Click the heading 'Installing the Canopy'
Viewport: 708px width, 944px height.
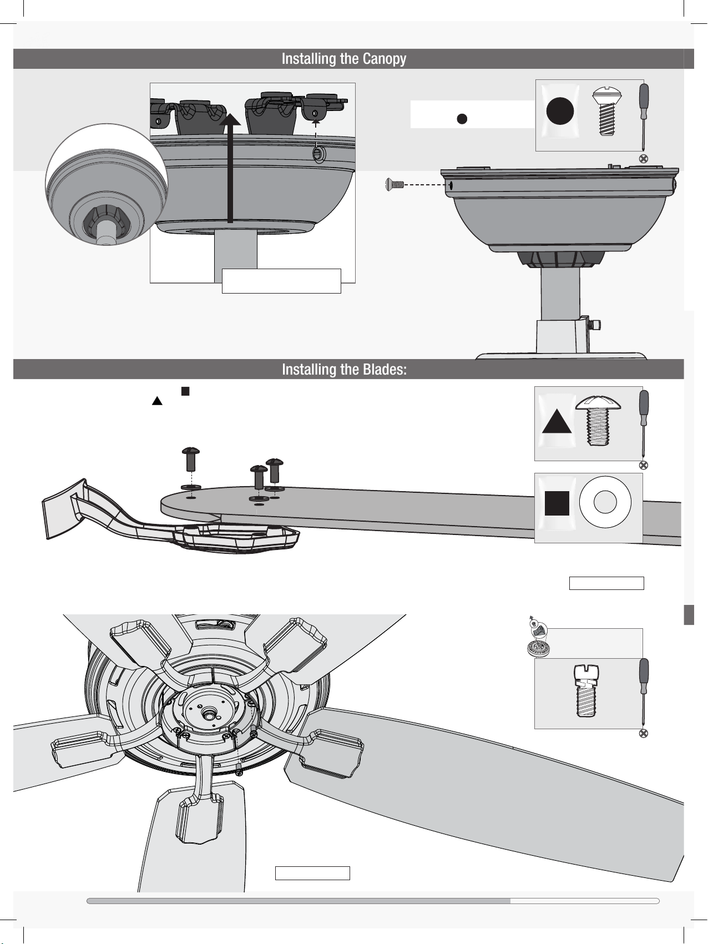343,59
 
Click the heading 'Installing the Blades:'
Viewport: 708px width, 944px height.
344,370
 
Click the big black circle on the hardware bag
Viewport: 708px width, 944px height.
560,113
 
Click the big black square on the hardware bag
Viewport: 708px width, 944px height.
557,503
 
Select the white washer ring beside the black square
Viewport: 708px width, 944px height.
605,502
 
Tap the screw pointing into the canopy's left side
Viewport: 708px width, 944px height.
395,184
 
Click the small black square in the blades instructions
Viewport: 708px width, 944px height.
185,391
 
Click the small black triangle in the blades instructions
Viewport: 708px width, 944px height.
157,401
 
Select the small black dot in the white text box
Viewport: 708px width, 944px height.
462,119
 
